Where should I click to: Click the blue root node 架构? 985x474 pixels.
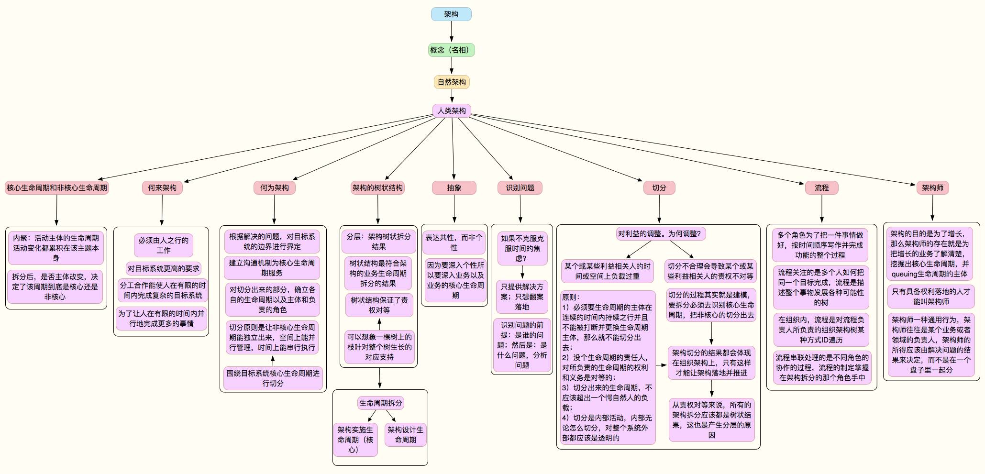point(451,14)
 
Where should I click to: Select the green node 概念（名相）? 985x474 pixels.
point(451,50)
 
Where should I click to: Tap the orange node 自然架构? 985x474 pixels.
point(452,82)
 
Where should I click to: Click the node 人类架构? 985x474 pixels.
point(452,110)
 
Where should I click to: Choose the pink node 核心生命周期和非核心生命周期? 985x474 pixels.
point(57,187)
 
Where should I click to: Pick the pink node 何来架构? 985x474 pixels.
point(162,187)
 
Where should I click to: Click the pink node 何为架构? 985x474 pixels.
point(275,187)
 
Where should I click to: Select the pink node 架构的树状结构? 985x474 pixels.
point(377,187)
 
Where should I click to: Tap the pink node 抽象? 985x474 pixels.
point(454,187)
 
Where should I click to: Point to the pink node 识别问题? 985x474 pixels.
point(520,187)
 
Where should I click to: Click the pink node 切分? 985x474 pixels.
point(659,187)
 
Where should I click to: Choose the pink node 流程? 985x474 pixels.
point(822,187)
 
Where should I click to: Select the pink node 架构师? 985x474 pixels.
point(933,187)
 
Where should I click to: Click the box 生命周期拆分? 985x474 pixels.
point(381,403)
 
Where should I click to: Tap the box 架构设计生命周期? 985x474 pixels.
point(405,435)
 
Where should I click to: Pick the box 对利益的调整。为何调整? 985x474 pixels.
point(659,234)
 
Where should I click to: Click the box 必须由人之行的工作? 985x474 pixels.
point(164,245)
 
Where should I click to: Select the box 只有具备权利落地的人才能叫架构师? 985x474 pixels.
point(931,297)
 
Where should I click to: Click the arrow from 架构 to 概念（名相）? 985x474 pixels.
point(451,32)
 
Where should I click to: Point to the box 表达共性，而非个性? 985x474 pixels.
point(454,243)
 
